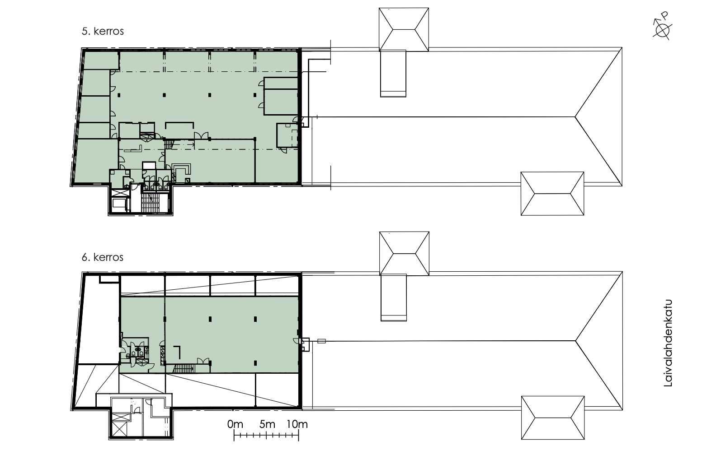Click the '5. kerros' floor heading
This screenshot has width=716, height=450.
[103, 31]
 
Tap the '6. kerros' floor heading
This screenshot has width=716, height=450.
[103, 257]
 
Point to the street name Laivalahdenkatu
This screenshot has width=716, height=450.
[668, 343]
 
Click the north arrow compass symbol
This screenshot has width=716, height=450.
[662, 30]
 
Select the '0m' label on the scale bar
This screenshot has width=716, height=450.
[235, 424]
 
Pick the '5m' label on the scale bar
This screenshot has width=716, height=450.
[267, 424]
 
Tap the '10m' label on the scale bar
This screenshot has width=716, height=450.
[297, 424]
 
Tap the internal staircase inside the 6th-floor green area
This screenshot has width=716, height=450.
[184, 369]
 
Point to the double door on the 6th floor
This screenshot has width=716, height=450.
[203, 362]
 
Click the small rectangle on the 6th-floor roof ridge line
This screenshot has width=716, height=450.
[321, 341]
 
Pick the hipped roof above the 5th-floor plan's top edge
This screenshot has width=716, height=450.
[404, 29]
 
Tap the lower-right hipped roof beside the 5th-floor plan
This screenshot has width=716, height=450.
[552, 194]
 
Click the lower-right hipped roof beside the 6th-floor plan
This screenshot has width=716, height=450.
[553, 418]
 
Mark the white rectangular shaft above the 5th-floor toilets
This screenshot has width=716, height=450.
[149, 166]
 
